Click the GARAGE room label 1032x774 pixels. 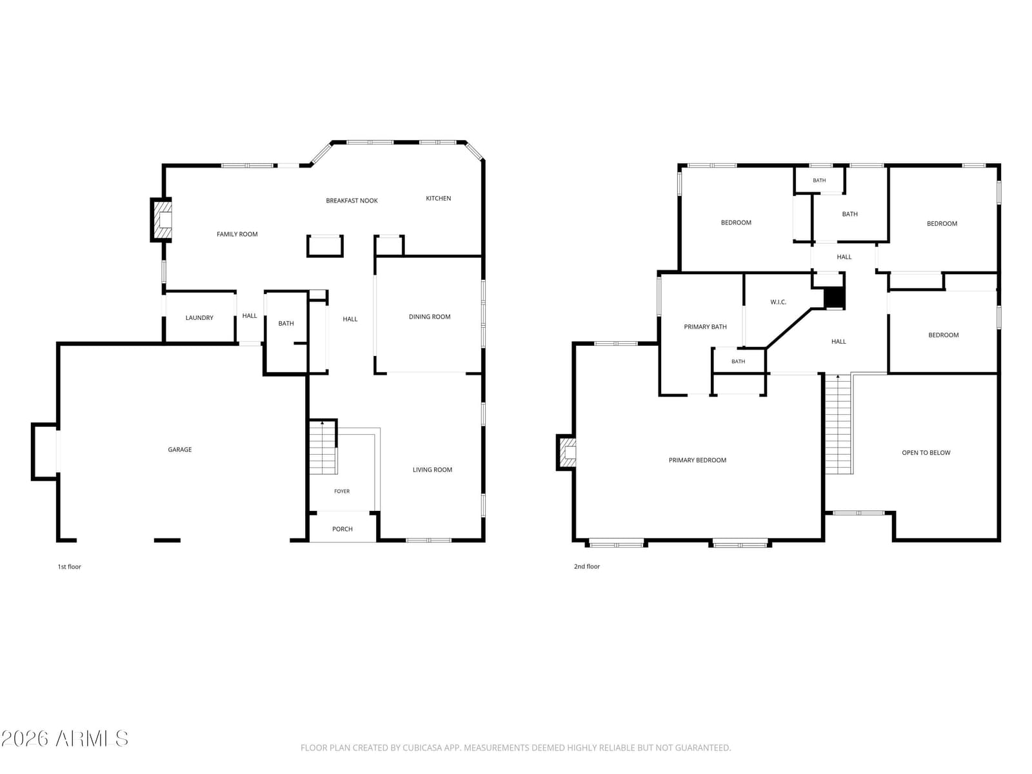pyautogui.click(x=179, y=450)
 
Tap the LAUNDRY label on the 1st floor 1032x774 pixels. pyautogui.click(x=199, y=318)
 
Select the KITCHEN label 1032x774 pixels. pyautogui.click(x=438, y=198)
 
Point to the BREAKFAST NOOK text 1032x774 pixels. pyautogui.click(x=352, y=201)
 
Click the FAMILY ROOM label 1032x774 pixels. pyautogui.click(x=237, y=234)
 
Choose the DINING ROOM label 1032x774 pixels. pyautogui.click(x=430, y=317)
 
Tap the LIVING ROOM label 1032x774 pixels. pyautogui.click(x=432, y=470)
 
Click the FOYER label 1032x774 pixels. pyautogui.click(x=342, y=491)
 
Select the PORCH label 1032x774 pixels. pyautogui.click(x=342, y=529)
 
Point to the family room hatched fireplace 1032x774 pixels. pyautogui.click(x=161, y=220)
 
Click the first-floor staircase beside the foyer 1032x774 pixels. pyautogui.click(x=322, y=448)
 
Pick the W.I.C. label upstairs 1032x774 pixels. pyautogui.click(x=778, y=302)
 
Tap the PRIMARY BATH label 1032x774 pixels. pyautogui.click(x=705, y=326)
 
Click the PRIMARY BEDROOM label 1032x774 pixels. pyautogui.click(x=697, y=460)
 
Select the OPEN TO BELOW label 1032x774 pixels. pyautogui.click(x=926, y=453)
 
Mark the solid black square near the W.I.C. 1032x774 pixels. pyautogui.click(x=835, y=297)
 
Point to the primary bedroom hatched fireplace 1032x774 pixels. pyautogui.click(x=566, y=452)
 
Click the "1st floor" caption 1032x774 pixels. pyautogui.click(x=69, y=567)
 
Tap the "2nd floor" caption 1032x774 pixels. pyautogui.click(x=587, y=566)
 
